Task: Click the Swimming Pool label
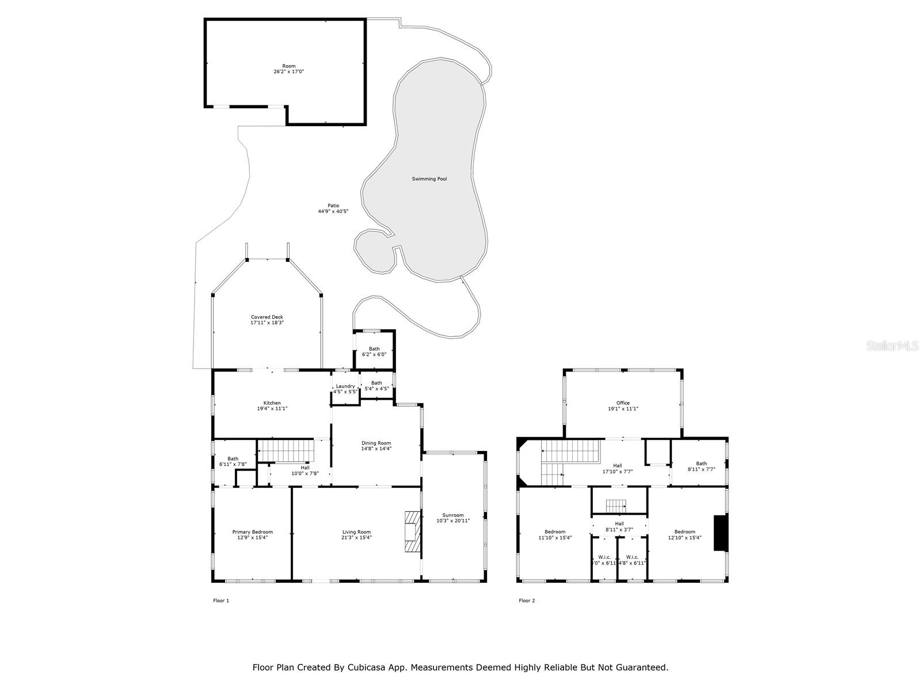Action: (429, 179)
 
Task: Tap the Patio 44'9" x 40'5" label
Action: (333, 208)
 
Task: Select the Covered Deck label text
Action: (267, 320)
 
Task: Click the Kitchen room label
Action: (272, 405)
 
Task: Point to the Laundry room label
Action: (345, 389)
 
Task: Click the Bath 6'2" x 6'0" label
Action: (374, 351)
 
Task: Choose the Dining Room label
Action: (376, 446)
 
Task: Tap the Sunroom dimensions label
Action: (453, 521)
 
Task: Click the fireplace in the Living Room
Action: (412, 532)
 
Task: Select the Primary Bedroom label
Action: (252, 534)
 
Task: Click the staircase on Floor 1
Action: (285, 450)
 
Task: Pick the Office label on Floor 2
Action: (623, 405)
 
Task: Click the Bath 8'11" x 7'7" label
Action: (701, 466)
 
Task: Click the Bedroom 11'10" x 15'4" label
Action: (555, 534)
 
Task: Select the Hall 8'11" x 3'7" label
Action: (619, 526)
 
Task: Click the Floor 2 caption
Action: (527, 601)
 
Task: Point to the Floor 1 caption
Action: (221, 601)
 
